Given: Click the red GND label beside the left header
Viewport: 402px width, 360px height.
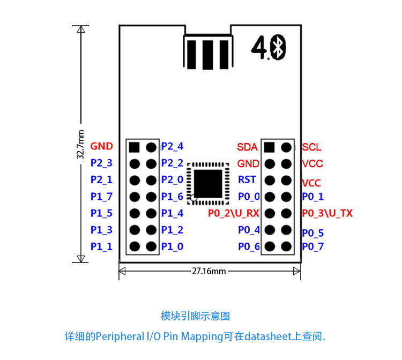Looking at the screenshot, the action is (101, 146).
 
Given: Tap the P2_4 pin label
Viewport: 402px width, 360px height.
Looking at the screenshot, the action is (172, 146).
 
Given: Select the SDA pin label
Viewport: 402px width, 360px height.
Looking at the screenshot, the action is (247, 147).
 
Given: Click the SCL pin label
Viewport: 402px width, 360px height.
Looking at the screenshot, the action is (311, 147).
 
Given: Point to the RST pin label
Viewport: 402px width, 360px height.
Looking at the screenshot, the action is (247, 180).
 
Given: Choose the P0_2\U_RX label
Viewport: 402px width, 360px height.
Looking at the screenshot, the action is (234, 213).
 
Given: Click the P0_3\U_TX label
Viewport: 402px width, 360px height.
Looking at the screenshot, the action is (327, 213).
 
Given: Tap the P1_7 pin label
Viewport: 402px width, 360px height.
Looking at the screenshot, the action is (101, 197).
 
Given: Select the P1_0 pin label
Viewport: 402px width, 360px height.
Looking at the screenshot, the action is (172, 246).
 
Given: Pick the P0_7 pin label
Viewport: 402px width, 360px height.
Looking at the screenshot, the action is (312, 246).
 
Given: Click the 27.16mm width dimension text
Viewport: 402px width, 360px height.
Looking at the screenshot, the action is (209, 271).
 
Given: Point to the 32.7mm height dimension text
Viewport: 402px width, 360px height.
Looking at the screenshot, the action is (80, 144).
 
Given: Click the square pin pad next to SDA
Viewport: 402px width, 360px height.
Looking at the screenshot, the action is (270, 147).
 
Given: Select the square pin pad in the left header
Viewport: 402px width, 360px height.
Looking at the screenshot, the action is (134, 147).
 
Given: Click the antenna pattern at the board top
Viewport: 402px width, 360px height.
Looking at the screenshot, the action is (207, 52).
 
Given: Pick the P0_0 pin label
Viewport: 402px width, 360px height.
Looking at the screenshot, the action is (249, 197).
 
